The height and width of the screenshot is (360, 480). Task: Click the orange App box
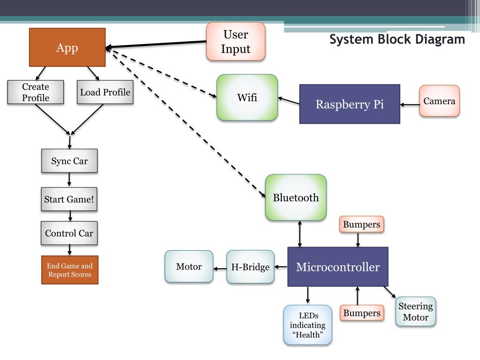pos(67,47)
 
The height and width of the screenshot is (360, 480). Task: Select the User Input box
pos(236,41)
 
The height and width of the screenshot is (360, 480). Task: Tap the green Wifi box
pos(247,97)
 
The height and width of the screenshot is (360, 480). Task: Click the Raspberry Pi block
pos(350,104)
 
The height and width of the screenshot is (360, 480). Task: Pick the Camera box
pos(439,101)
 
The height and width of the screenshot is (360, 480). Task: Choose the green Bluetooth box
pos(296,197)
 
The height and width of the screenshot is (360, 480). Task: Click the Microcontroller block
pos(338,267)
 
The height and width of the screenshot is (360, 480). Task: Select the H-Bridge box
pos(250,267)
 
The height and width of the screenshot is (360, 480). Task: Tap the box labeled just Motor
pos(189,266)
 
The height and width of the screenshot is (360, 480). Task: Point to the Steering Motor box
pos(415,312)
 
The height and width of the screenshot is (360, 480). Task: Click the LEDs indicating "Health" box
pos(307,325)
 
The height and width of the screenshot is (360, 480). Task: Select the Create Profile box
pos(36,92)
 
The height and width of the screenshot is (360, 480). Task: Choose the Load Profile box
pos(105,92)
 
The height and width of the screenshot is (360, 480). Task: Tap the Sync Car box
pos(69,161)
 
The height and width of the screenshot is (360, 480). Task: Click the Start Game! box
pos(69,199)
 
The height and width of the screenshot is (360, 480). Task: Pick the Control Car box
pos(69,233)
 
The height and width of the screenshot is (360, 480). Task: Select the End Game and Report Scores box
pos(70,270)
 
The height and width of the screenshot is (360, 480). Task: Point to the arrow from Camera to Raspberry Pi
pos(410,105)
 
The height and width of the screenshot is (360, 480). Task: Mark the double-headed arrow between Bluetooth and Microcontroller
pos(300,234)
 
